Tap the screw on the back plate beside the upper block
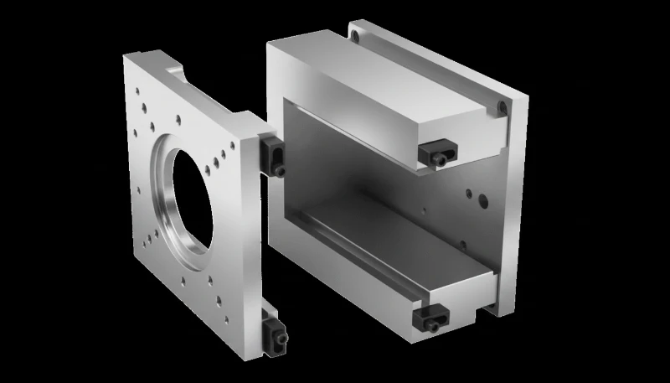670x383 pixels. coord(501,107)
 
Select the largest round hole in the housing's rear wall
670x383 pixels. coord(482,200)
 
